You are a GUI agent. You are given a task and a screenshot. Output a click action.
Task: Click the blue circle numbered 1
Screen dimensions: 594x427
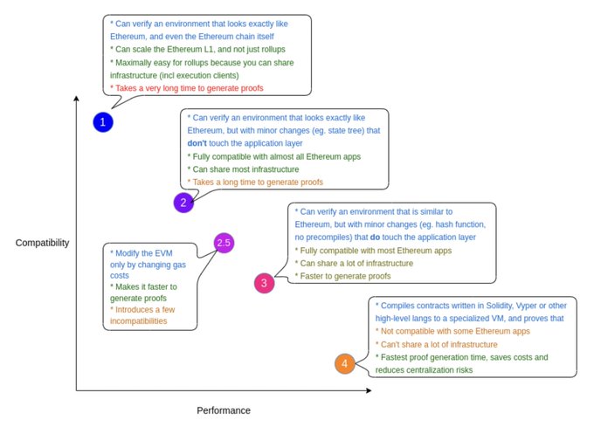103,122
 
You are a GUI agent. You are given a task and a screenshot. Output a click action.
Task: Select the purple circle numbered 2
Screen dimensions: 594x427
183,203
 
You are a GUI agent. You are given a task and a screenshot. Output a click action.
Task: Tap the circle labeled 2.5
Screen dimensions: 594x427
224,243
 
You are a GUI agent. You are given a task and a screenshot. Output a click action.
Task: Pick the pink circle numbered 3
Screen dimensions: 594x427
264,283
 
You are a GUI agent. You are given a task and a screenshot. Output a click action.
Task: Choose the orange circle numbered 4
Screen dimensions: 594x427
345,363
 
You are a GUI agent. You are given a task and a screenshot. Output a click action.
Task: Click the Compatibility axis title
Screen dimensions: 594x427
42,243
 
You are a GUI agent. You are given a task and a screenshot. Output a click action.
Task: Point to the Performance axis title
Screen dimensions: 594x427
224,410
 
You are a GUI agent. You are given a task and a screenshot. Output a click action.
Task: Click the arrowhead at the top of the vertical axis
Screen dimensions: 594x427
76,98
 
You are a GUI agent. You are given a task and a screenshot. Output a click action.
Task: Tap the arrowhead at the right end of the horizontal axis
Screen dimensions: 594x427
369,390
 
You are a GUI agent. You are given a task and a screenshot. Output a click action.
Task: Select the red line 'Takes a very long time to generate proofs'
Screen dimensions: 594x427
187,88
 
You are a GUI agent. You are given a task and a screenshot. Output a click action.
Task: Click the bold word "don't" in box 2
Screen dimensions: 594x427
197,143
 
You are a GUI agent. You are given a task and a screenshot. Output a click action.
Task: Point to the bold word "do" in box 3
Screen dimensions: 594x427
375,237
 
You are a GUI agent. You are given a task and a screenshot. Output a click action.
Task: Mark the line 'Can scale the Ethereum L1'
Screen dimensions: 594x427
197,49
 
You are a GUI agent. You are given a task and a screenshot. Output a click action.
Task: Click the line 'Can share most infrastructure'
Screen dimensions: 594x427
243,169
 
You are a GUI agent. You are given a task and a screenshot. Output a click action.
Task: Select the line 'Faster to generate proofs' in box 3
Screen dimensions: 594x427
342,276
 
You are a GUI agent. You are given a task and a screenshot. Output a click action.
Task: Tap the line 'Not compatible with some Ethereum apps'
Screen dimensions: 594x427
452,331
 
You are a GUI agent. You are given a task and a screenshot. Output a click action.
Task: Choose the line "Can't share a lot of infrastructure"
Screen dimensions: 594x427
437,344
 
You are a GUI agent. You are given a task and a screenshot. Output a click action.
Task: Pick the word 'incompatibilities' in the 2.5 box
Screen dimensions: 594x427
139,321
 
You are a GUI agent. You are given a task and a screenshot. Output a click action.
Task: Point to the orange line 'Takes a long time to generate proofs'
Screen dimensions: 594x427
255,183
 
